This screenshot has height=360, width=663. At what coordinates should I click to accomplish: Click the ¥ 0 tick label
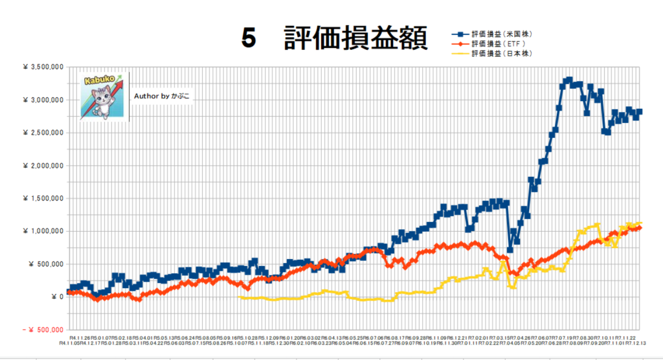point(57,297)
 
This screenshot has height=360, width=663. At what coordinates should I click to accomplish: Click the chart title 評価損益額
point(355,39)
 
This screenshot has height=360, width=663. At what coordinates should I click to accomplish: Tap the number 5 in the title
point(249,39)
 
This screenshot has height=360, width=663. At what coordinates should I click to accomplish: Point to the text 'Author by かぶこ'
point(163,96)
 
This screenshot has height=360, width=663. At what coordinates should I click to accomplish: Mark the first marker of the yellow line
point(241,297)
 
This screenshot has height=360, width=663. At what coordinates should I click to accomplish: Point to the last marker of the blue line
point(640,111)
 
